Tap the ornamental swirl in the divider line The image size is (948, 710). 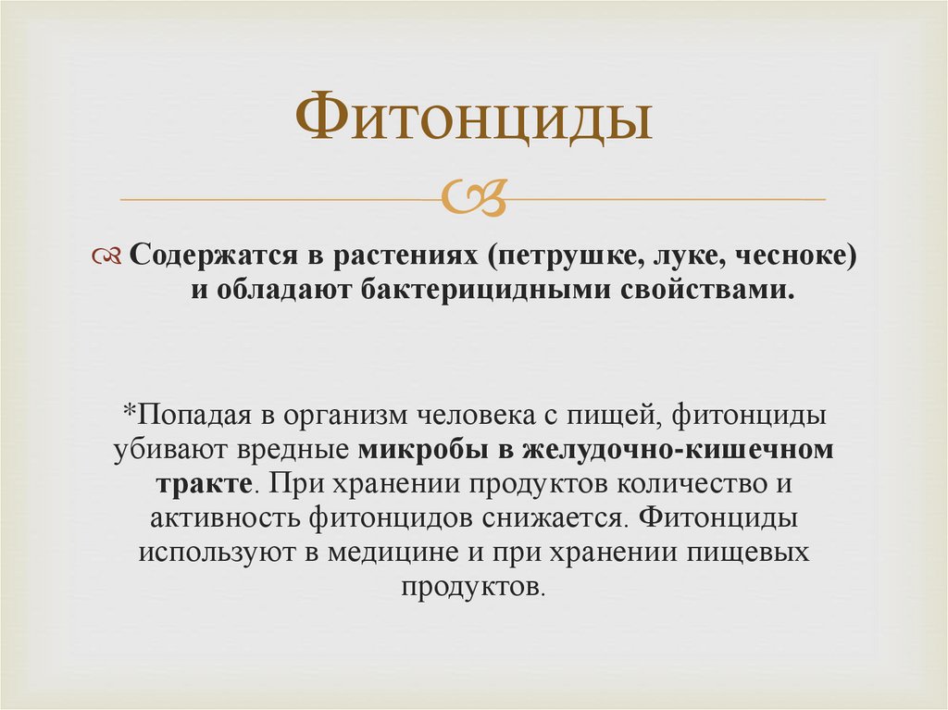click(x=474, y=196)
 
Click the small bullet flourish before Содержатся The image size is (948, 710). click(x=109, y=256)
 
